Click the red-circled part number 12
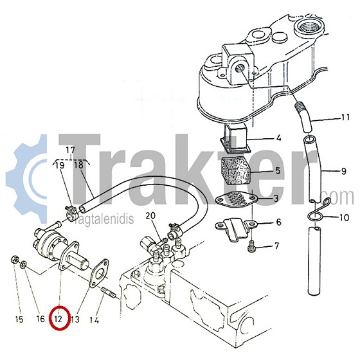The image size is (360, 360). [59, 319]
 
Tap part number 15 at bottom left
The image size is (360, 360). [19, 319]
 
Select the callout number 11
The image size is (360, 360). [345, 117]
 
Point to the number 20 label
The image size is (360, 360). [150, 216]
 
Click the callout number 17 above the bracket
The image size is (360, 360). [71, 150]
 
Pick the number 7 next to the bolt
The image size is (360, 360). [276, 246]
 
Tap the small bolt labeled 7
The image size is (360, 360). [251, 246]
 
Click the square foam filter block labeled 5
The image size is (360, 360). [235, 170]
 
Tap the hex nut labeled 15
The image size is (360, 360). [14, 260]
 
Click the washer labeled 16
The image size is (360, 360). [23, 264]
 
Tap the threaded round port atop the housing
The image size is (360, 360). [307, 27]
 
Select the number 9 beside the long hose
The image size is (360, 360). [344, 171]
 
